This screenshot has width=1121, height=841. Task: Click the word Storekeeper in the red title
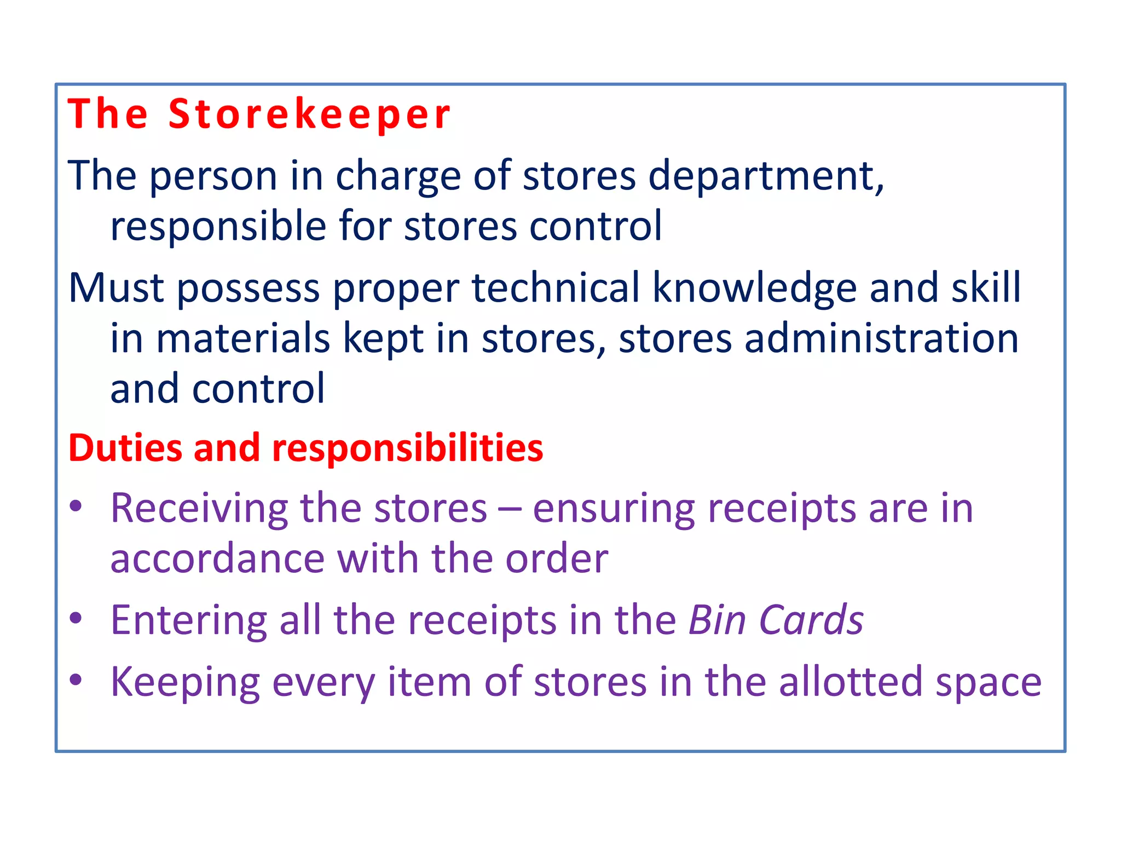(x=309, y=115)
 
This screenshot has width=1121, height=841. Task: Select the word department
(x=765, y=176)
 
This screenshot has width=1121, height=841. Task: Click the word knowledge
(x=754, y=289)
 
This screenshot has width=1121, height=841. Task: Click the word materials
(x=243, y=338)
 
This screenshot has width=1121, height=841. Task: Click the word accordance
(x=218, y=558)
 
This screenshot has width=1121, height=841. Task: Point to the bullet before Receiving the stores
(x=76, y=506)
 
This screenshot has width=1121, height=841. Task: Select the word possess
(x=248, y=289)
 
